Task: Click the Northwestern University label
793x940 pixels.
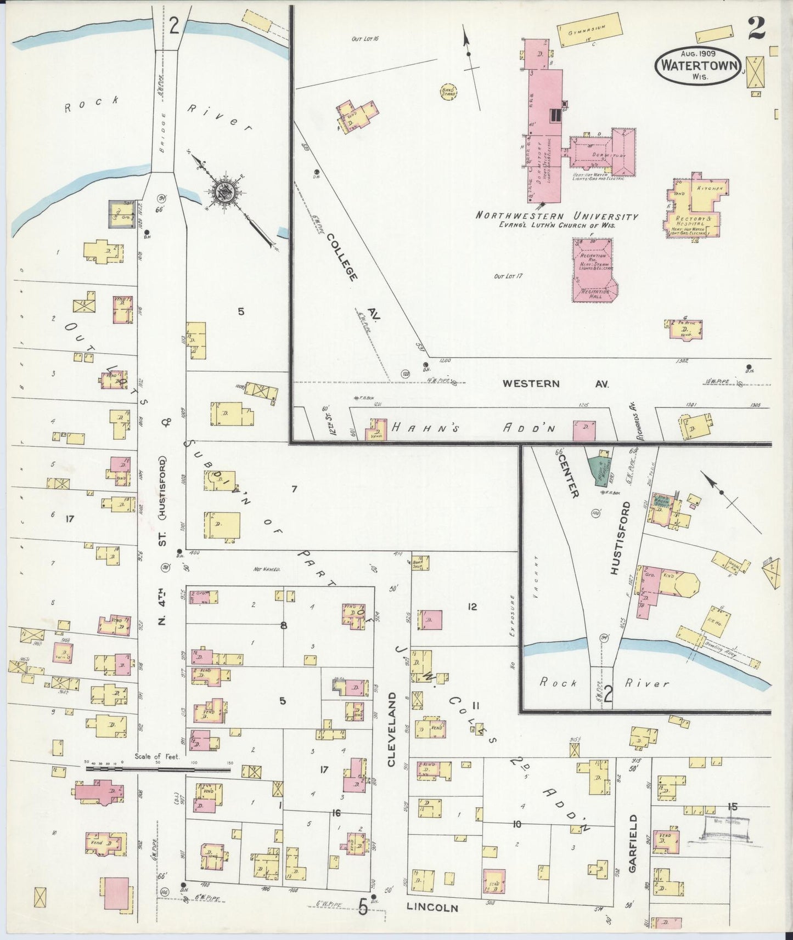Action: (556, 216)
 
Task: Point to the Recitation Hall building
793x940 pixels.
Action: (593, 270)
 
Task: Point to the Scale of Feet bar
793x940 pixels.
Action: (159, 769)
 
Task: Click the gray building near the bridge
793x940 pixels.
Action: (121, 214)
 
